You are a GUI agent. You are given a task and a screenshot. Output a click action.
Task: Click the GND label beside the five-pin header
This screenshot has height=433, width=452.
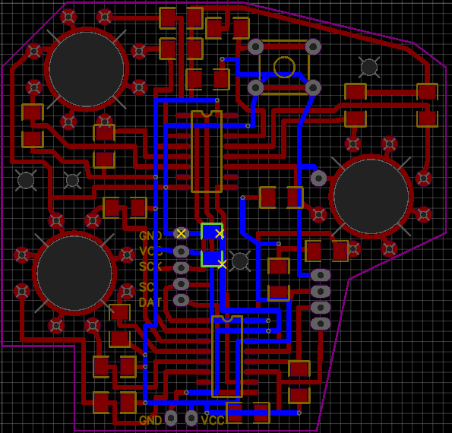150,235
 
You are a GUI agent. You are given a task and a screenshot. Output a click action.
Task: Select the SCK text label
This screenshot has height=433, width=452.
150,267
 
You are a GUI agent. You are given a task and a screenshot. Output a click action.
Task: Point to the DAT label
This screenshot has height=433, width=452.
150,302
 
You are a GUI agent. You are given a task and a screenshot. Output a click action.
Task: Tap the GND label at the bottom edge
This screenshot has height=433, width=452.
150,420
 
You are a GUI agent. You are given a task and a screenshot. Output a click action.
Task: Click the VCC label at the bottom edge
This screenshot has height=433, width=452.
213,420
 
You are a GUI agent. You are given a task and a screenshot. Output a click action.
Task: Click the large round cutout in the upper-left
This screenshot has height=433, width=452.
87,68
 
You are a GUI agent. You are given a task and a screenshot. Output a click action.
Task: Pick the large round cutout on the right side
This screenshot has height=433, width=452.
371,197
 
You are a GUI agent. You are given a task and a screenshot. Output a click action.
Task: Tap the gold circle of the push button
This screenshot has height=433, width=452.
284,67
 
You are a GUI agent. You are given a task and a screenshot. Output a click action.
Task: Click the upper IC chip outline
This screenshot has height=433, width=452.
206,151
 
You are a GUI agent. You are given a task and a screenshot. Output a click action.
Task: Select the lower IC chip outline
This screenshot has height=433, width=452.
227,356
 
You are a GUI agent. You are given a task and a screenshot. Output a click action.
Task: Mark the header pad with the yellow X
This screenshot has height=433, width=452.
181,233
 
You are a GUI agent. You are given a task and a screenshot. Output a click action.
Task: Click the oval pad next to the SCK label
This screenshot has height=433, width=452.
181,267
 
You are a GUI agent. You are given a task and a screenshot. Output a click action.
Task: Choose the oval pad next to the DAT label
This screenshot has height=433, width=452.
181,300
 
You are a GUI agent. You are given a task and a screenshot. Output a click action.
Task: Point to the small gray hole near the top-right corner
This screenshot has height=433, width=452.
369,67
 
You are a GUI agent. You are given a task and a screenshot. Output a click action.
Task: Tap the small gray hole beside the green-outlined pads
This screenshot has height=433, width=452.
240,261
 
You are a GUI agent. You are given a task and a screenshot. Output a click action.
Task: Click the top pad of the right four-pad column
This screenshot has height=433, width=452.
321,274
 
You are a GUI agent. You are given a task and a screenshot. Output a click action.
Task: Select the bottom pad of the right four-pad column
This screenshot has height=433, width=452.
321,324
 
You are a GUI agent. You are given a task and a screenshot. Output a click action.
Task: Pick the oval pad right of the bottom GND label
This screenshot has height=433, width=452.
172,419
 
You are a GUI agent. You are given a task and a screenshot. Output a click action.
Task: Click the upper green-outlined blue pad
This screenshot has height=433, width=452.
211,232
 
